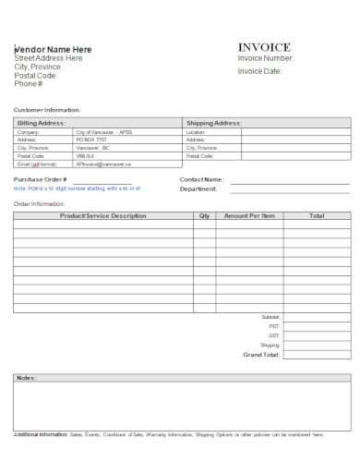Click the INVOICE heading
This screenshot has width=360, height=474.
264,47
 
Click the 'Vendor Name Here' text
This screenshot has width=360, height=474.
53,49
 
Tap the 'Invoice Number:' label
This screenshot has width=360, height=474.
266,58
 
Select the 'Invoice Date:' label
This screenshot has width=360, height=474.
260,71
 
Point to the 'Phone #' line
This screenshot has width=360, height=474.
28,84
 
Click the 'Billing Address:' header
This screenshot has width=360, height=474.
42,122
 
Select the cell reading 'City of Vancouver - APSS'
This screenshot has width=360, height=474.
104,132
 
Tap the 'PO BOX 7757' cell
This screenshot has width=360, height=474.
92,140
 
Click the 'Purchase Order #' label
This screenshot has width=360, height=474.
41,179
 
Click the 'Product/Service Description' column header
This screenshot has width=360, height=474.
102,215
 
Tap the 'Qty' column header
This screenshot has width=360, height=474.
204,215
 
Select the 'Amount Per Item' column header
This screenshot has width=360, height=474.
249,215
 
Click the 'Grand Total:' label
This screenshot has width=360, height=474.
260,354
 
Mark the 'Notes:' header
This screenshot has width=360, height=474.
26,378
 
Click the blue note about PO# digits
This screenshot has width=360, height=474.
78,188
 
